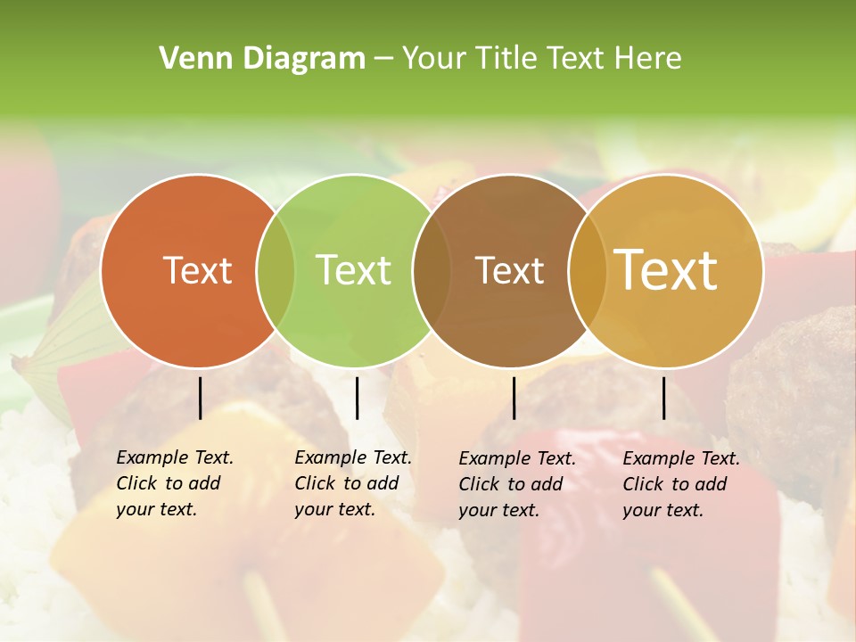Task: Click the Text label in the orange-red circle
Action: coord(197,270)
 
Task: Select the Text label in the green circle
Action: coord(353,270)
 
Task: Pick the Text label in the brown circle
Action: coord(509,270)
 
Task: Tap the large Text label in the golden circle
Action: coord(665,270)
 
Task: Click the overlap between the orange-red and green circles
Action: coord(276,271)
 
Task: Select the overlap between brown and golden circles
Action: coord(587,271)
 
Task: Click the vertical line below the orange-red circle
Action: coord(201,398)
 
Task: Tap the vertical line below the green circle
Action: coord(357,398)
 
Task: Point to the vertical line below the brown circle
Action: coord(514,398)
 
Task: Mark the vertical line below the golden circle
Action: coord(664,398)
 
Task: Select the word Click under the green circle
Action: coord(314,483)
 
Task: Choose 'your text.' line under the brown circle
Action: coord(498,510)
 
